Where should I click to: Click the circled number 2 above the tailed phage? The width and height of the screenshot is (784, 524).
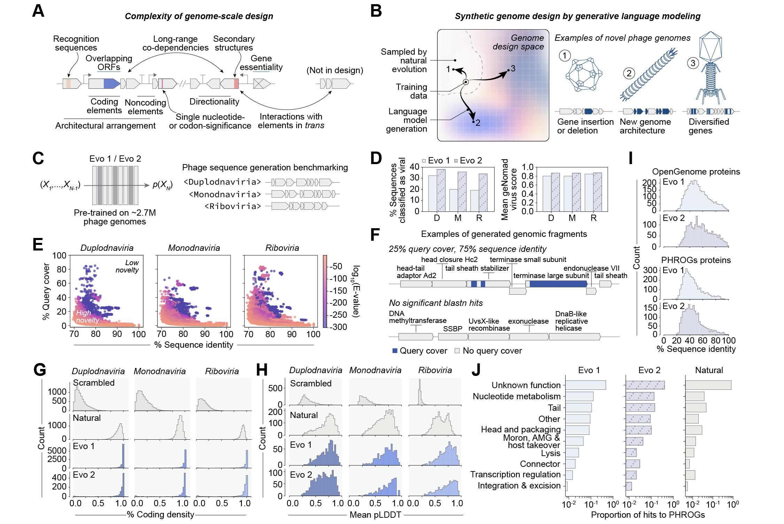pos(629,74)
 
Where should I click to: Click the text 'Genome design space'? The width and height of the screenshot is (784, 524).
pos(519,42)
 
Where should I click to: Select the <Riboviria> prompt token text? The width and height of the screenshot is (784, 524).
pos(233,206)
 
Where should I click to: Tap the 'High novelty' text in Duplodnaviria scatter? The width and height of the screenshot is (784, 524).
pos(87,316)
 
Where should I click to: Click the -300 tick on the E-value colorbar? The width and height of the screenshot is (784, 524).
pos(339,327)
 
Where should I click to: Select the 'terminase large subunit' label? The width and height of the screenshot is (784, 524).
pos(551,276)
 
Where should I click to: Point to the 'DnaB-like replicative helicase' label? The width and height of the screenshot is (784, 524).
pos(572,321)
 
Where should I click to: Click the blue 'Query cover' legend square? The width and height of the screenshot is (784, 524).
pos(395,351)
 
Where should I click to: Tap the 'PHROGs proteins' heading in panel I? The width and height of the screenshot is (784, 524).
pos(696,260)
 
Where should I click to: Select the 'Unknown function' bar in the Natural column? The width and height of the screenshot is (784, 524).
pos(708,385)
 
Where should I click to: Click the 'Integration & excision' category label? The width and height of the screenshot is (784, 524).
pos(519,486)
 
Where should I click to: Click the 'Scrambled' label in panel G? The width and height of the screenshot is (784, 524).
pos(94,383)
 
